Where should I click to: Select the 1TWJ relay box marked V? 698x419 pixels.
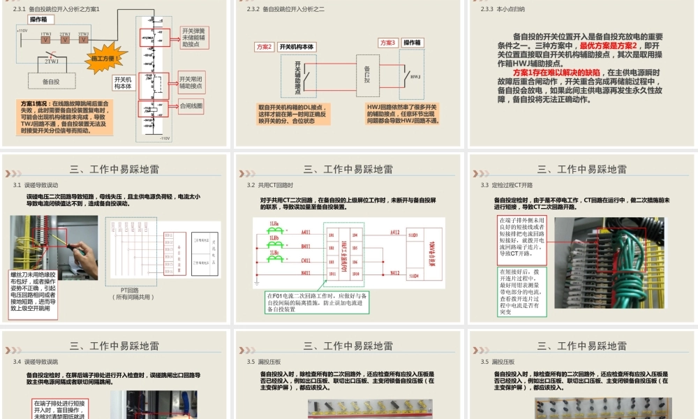(45, 39)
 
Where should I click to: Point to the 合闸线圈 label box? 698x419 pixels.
(191, 106)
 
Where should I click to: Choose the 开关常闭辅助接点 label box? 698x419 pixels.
(191, 82)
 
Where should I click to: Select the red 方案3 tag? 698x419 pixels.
(388, 43)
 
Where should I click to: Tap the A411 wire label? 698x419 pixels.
(306, 232)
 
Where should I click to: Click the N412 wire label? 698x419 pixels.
(395, 274)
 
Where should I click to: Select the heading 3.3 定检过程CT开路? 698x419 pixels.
(506, 185)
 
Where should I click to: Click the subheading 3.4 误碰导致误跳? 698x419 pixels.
(40, 362)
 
